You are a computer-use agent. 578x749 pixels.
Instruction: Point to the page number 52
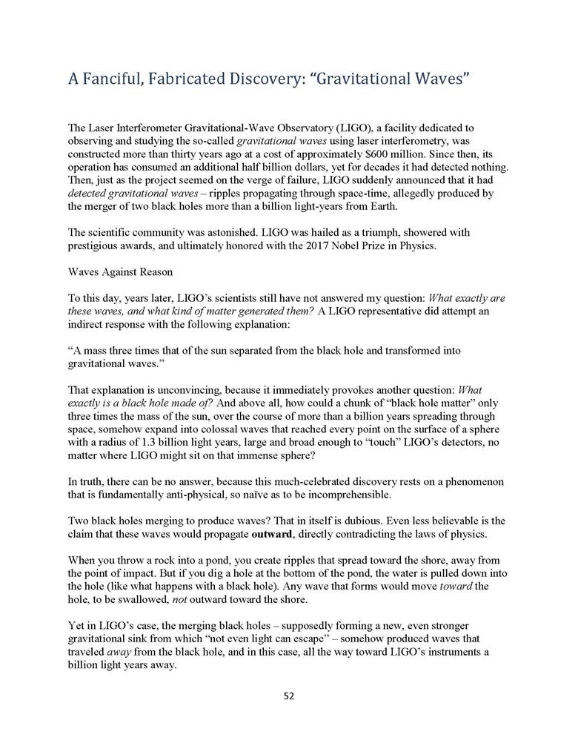(x=289, y=696)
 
